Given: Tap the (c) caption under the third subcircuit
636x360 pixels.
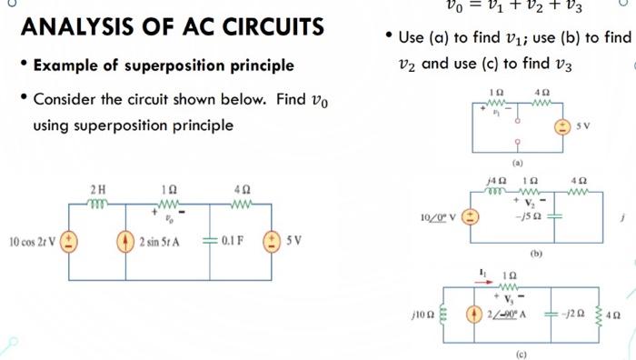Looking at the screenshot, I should [x=521, y=354].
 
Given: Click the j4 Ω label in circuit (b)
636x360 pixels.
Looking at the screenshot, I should [x=495, y=182].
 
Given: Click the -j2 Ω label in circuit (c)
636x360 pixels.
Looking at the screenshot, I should [x=572, y=315].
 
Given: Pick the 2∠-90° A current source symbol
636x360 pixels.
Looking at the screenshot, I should [x=473, y=315].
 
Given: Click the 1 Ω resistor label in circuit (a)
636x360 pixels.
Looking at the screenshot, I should [x=496, y=95].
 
